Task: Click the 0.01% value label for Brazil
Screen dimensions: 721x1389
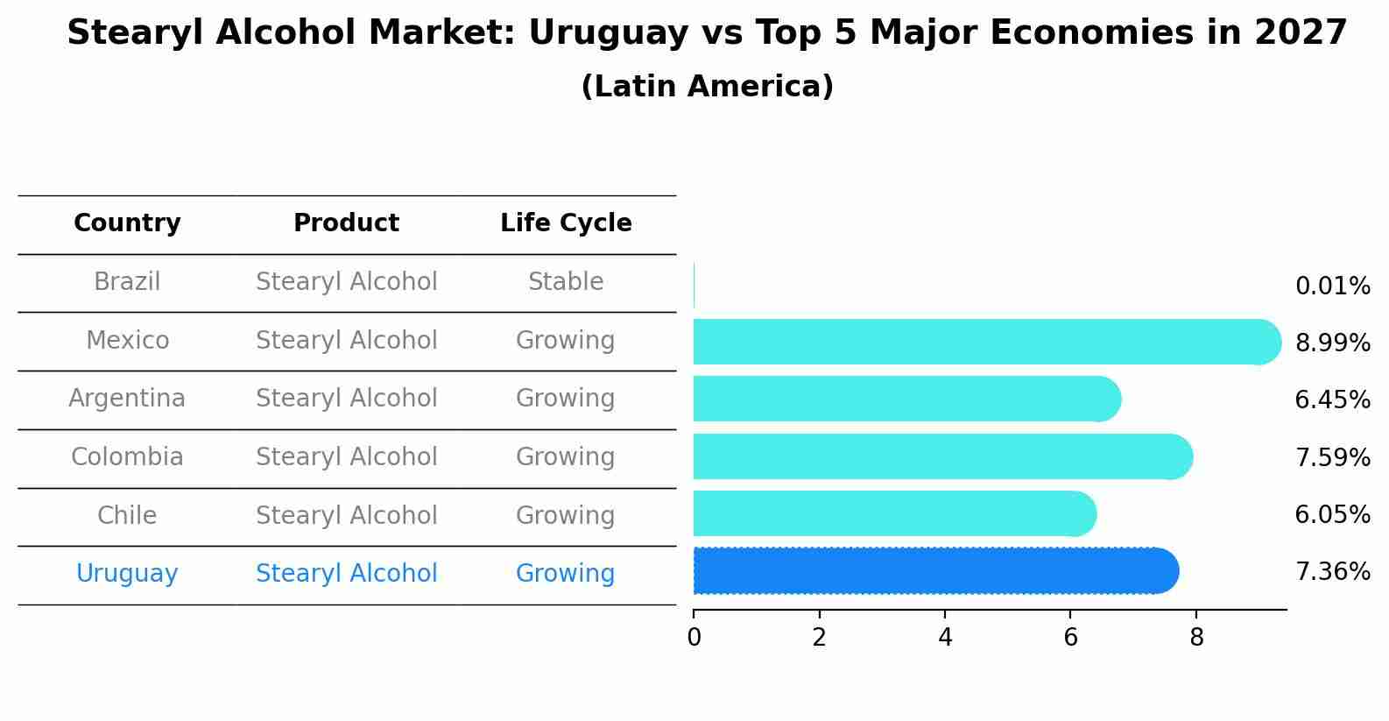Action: tap(1332, 286)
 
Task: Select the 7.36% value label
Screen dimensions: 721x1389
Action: tap(1332, 572)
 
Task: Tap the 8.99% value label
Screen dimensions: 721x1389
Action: tap(1332, 343)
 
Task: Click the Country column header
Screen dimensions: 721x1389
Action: tap(127, 223)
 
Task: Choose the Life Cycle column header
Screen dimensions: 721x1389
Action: tap(566, 223)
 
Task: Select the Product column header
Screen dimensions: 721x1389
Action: tap(346, 223)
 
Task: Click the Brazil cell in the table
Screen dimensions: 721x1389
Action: tap(127, 282)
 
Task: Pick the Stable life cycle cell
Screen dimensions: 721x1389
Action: tap(566, 282)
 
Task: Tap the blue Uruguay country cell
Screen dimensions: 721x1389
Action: tap(127, 574)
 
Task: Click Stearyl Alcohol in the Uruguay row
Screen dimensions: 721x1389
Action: tap(346, 574)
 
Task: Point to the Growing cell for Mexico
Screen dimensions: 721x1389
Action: tap(566, 340)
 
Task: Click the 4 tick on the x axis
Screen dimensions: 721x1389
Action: tap(945, 637)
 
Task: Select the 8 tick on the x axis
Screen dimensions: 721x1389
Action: tap(1196, 637)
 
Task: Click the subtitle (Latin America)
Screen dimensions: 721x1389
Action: tap(707, 87)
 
